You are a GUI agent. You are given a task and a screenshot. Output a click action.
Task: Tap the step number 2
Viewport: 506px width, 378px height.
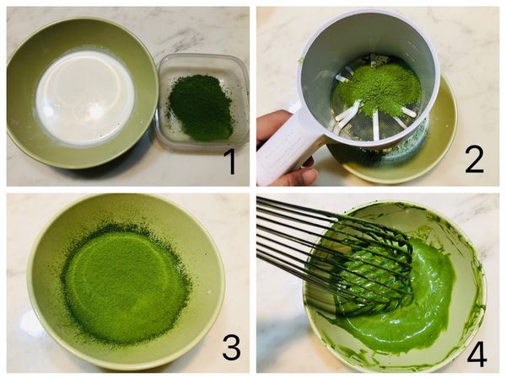(x=474, y=157)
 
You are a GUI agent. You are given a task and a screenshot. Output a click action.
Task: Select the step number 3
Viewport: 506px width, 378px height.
(x=231, y=347)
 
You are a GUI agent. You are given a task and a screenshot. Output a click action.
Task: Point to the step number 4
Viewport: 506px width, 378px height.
(x=476, y=353)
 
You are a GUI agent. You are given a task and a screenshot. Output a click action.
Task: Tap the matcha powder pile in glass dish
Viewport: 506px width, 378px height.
(x=200, y=107)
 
